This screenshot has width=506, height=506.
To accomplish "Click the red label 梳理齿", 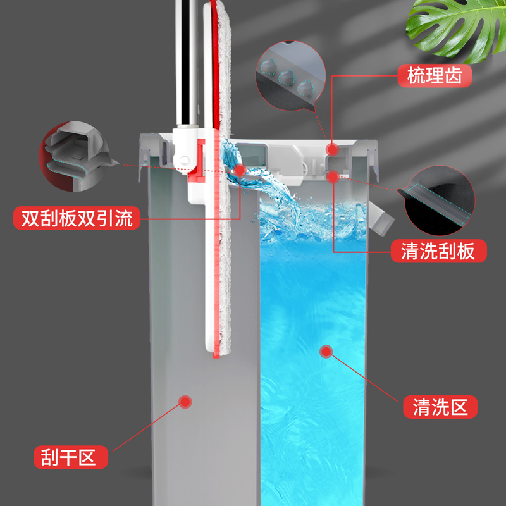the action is [435, 75].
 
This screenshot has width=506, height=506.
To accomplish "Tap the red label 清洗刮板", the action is [438, 250].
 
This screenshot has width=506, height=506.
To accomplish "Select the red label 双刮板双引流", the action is [77, 218].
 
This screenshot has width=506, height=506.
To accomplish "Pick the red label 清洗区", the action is [440, 407].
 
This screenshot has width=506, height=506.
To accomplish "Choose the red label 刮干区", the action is [71, 457].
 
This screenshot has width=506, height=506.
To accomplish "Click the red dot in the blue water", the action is [326, 352].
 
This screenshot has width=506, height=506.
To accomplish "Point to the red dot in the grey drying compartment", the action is [185, 402].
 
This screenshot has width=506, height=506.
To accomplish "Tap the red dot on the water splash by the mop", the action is [240, 170].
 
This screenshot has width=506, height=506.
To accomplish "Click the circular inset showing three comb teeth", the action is [290, 76].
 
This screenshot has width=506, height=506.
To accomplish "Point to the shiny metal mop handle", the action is [187, 63].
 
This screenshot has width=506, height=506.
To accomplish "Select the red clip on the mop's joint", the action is [198, 160].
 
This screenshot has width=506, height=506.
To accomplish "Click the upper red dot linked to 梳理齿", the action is [333, 149].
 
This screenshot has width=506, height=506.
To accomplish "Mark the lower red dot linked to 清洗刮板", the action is [333, 177].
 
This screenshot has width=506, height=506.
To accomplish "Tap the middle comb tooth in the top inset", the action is [286, 77].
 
